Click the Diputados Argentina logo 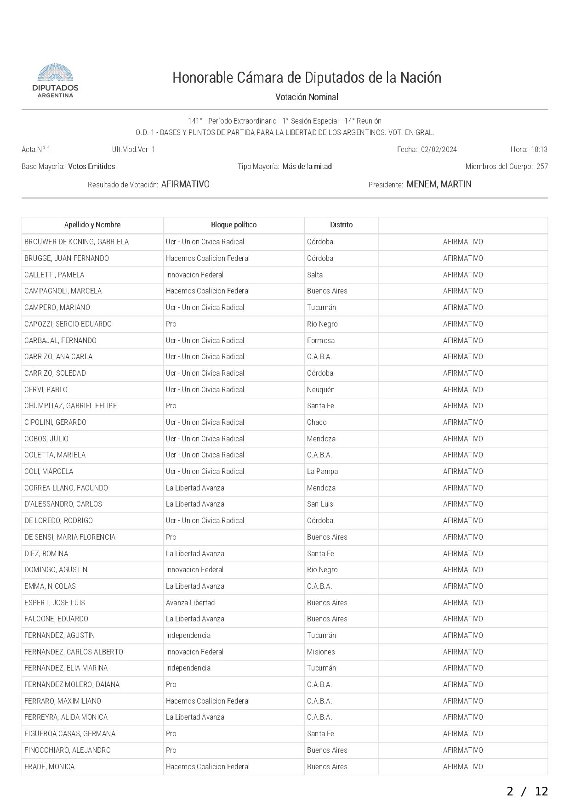point(55,81)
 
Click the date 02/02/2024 point(439,150)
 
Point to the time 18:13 point(539,150)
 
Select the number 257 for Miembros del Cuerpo point(542,167)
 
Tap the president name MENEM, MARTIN point(439,185)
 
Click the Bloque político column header point(234,225)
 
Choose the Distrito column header point(341,225)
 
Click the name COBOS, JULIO point(46,439)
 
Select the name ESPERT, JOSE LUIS point(55,603)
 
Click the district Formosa point(321,340)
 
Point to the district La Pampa point(322,472)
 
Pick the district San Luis point(320,504)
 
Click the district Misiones point(321,652)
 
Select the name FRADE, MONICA point(49,767)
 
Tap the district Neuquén point(321,389)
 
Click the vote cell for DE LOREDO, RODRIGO point(463,521)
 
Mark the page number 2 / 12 point(527,791)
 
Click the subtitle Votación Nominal point(307,97)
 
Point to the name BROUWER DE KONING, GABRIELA point(76,242)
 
